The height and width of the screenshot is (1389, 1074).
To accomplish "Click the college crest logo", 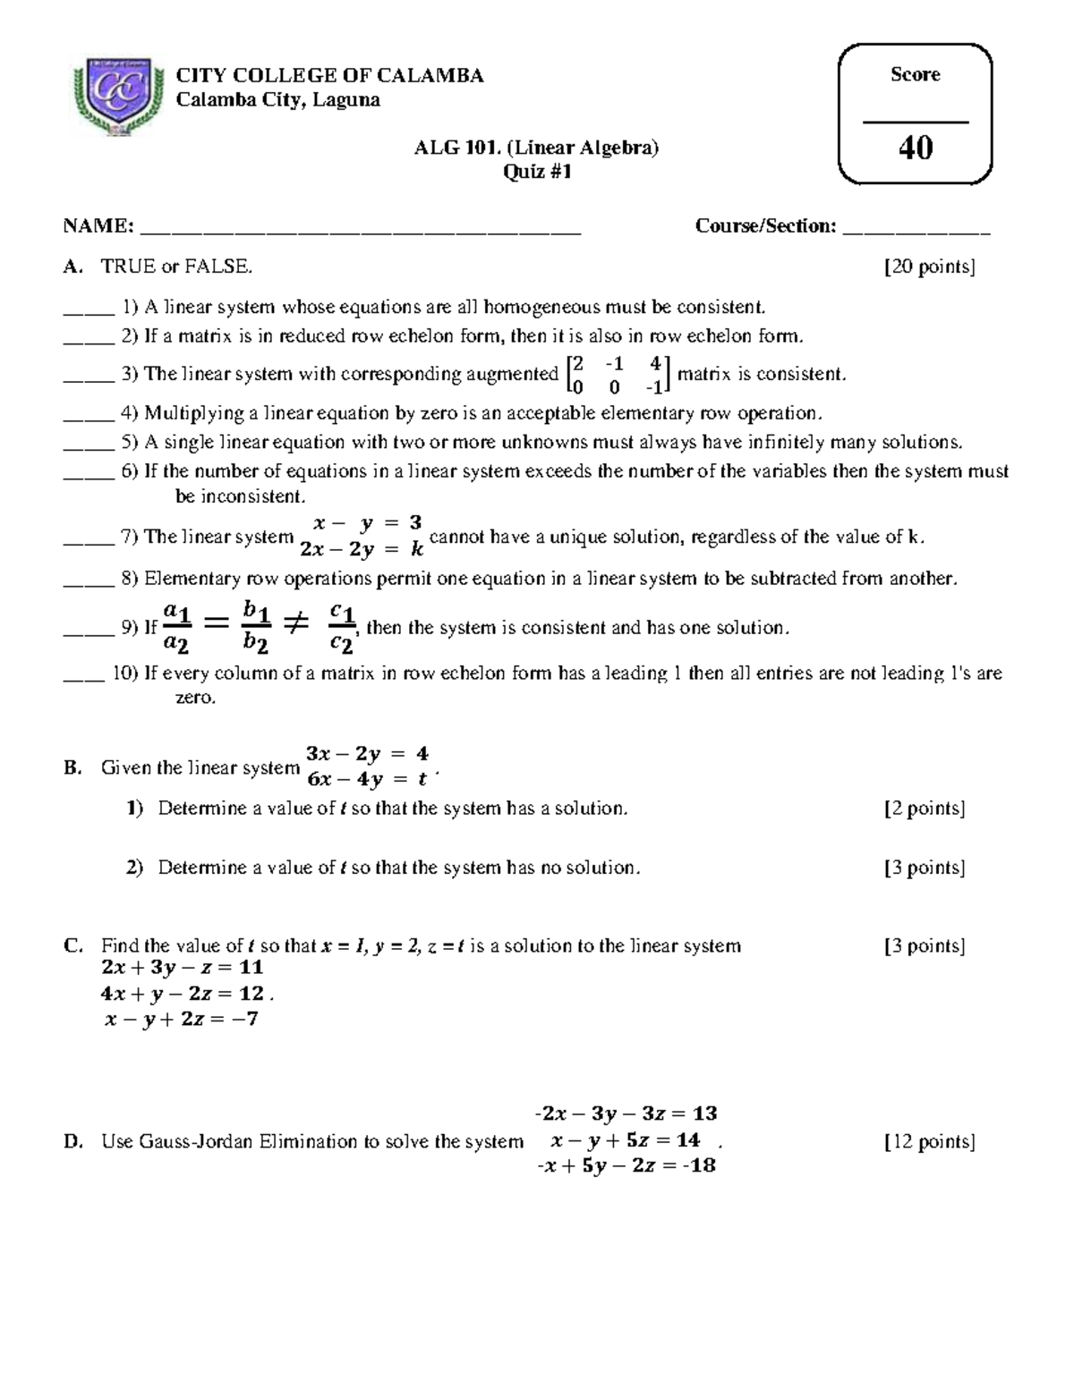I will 116,97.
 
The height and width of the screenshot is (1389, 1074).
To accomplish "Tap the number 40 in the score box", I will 915,148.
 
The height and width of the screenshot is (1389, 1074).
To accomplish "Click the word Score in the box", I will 915,74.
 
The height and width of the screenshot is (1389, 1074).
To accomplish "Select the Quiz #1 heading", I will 536,172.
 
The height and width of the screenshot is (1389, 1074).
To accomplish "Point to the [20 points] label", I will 929,267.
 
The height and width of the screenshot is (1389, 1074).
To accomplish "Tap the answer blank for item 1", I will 89,311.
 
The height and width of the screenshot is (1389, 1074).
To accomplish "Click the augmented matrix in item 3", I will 618,375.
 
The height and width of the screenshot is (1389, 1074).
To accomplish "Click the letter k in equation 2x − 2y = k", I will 417,550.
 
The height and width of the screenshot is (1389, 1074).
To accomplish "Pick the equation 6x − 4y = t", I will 367,779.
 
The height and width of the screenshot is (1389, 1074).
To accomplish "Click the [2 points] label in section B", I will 924,809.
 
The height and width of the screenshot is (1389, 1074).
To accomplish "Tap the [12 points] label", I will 929,1141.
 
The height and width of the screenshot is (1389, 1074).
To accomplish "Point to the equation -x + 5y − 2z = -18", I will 626,1165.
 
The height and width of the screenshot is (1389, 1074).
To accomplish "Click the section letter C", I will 72,945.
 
